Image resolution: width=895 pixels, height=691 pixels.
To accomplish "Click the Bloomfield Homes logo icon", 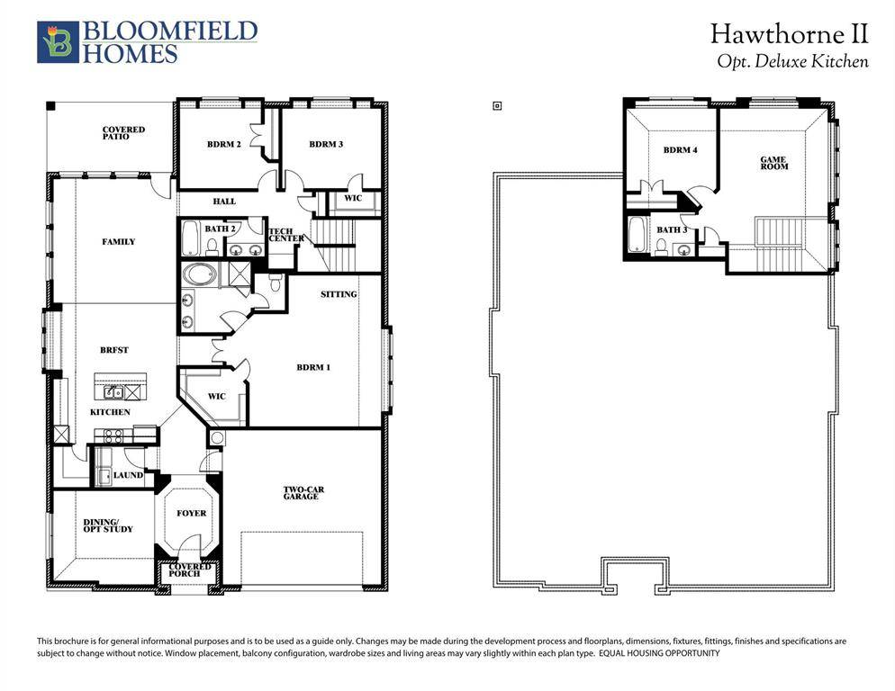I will pyautogui.click(x=58, y=42).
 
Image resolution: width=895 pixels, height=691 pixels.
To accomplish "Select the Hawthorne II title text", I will pyautogui.click(x=789, y=35).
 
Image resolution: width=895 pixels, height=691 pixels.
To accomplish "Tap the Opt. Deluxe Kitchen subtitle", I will pyautogui.click(x=792, y=62).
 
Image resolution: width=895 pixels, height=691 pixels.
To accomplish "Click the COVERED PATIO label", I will pyautogui.click(x=123, y=133).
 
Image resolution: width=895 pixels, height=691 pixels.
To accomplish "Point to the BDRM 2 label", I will pyautogui.click(x=223, y=145).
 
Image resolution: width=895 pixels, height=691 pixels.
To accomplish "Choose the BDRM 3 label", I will pyautogui.click(x=326, y=145).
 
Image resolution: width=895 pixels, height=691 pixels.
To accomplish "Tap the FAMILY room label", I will pyautogui.click(x=119, y=242).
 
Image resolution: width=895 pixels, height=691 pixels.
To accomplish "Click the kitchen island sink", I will pyautogui.click(x=114, y=392).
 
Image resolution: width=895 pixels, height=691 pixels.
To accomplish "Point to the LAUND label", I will pyautogui.click(x=128, y=475).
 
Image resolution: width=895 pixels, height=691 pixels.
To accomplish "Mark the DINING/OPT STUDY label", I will pyautogui.click(x=108, y=525).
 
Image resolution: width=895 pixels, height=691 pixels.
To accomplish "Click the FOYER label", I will pyautogui.click(x=191, y=514).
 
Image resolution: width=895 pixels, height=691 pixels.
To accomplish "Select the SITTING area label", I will pyautogui.click(x=339, y=294).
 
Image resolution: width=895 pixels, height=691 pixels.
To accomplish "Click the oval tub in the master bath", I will pyautogui.click(x=198, y=274).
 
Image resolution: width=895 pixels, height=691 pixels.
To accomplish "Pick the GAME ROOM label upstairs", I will pyautogui.click(x=773, y=163).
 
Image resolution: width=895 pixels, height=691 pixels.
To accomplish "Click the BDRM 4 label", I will pyautogui.click(x=680, y=150).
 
